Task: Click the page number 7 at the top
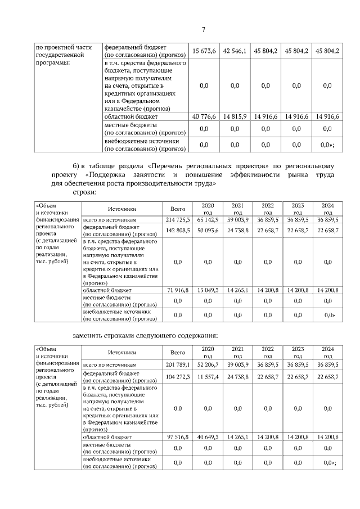tap(204, 30)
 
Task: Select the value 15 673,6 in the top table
tap(204, 51)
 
